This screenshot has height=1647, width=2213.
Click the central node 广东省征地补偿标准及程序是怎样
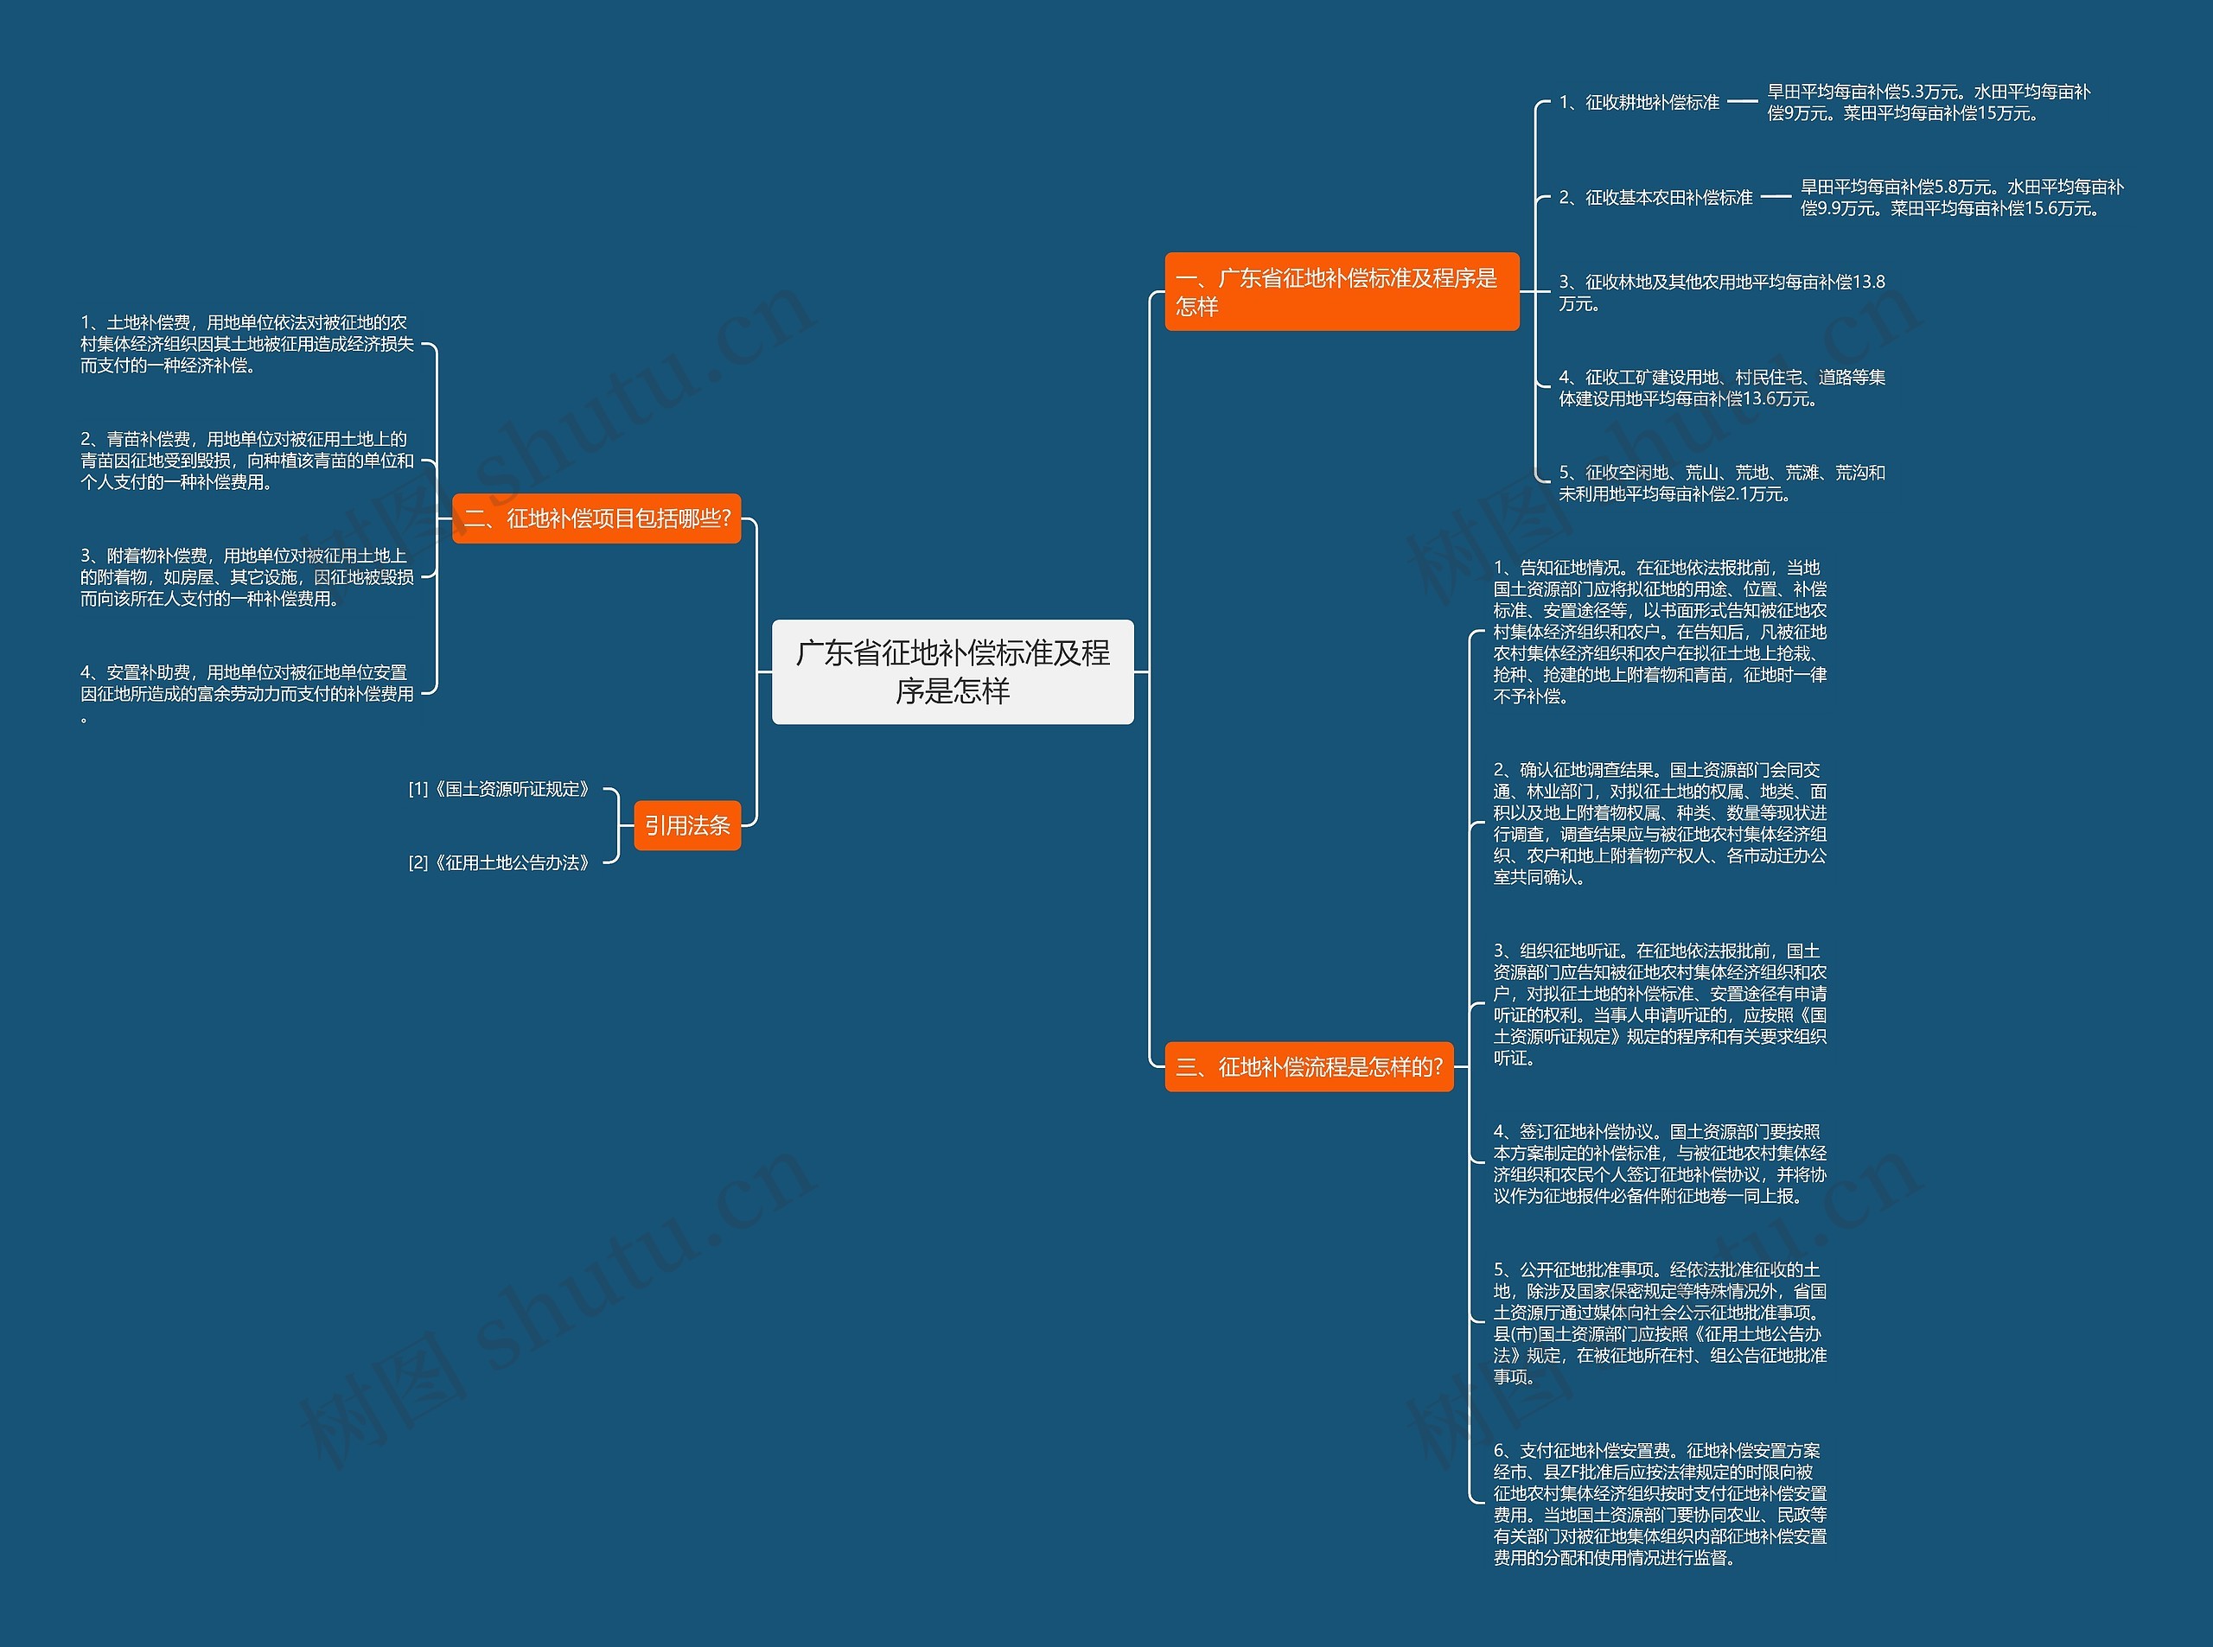(953, 671)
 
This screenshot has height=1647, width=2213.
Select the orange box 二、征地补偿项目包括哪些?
(596, 518)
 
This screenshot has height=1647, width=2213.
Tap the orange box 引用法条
(687, 825)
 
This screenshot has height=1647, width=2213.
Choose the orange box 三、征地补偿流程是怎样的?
(1309, 1067)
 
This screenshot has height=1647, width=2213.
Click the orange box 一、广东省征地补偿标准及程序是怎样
(1342, 291)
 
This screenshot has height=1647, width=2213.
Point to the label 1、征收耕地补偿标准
(1640, 102)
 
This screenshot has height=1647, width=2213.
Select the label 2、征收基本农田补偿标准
(1655, 197)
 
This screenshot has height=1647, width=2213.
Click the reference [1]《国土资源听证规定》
(500, 789)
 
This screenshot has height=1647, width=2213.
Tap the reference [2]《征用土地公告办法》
(500, 862)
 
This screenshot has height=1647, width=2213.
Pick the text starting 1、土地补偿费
(246, 344)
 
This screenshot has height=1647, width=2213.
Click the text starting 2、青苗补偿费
(246, 461)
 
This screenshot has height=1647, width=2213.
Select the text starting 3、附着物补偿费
(246, 577)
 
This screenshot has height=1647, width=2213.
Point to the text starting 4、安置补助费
(246, 693)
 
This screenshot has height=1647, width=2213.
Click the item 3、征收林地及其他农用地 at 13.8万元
(1721, 292)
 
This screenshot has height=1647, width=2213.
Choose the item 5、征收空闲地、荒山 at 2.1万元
(1721, 482)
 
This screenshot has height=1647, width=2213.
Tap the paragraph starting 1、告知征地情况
(1660, 632)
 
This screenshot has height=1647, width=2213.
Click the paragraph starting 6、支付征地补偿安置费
(1660, 1504)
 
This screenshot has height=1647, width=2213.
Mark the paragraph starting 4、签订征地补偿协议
(1660, 1163)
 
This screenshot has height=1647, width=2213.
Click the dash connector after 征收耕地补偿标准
(1742, 102)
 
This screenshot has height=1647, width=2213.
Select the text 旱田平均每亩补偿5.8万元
(1961, 197)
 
